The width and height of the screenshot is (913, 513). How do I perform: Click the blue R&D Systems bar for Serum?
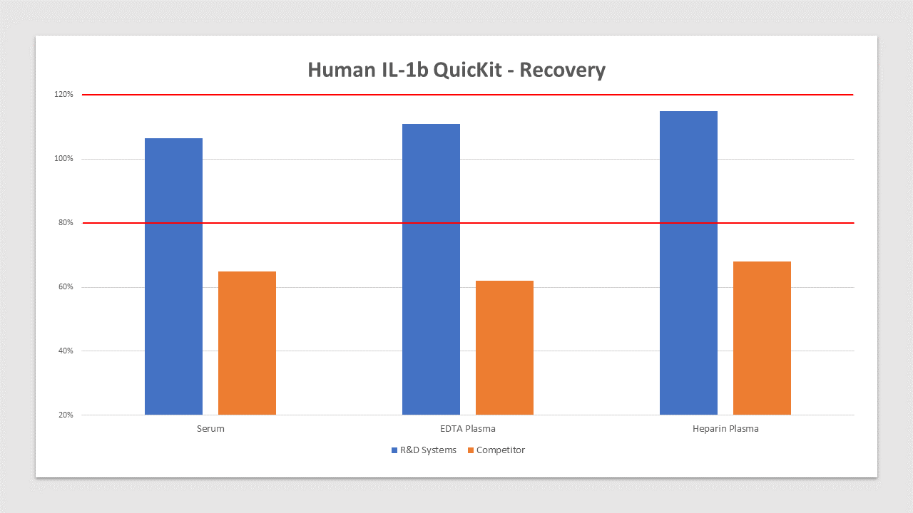coord(173,276)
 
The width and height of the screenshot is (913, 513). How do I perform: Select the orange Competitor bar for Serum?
coord(247,343)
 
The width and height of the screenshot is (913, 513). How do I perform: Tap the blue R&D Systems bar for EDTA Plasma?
coord(432,269)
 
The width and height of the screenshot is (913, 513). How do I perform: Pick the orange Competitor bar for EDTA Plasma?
coord(504,348)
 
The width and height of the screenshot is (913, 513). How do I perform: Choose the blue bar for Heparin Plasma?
coord(689,263)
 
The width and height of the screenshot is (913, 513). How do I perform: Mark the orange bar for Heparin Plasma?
coord(762,338)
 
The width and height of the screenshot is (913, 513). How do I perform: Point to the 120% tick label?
coord(63,95)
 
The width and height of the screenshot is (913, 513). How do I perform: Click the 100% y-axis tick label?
coord(63,159)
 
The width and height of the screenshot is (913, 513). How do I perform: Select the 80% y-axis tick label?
coord(66,223)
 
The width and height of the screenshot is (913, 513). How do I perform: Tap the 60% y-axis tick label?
coord(66,287)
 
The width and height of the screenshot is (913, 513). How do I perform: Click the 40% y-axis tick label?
coord(66,351)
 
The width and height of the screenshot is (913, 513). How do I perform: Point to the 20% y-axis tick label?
coord(66,415)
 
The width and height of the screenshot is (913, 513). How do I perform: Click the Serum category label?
coord(210,429)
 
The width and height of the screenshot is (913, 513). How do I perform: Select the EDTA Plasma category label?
coord(468,429)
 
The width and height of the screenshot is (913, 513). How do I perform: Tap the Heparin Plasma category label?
coord(725,429)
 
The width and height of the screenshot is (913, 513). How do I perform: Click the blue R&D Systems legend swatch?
coord(394,450)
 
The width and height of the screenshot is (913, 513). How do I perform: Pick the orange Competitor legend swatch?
coord(471,450)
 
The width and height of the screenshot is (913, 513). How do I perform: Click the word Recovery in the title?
coord(563,70)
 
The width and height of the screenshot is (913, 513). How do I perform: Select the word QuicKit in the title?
coord(467,70)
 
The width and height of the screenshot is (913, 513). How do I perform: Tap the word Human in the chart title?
coord(342,70)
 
